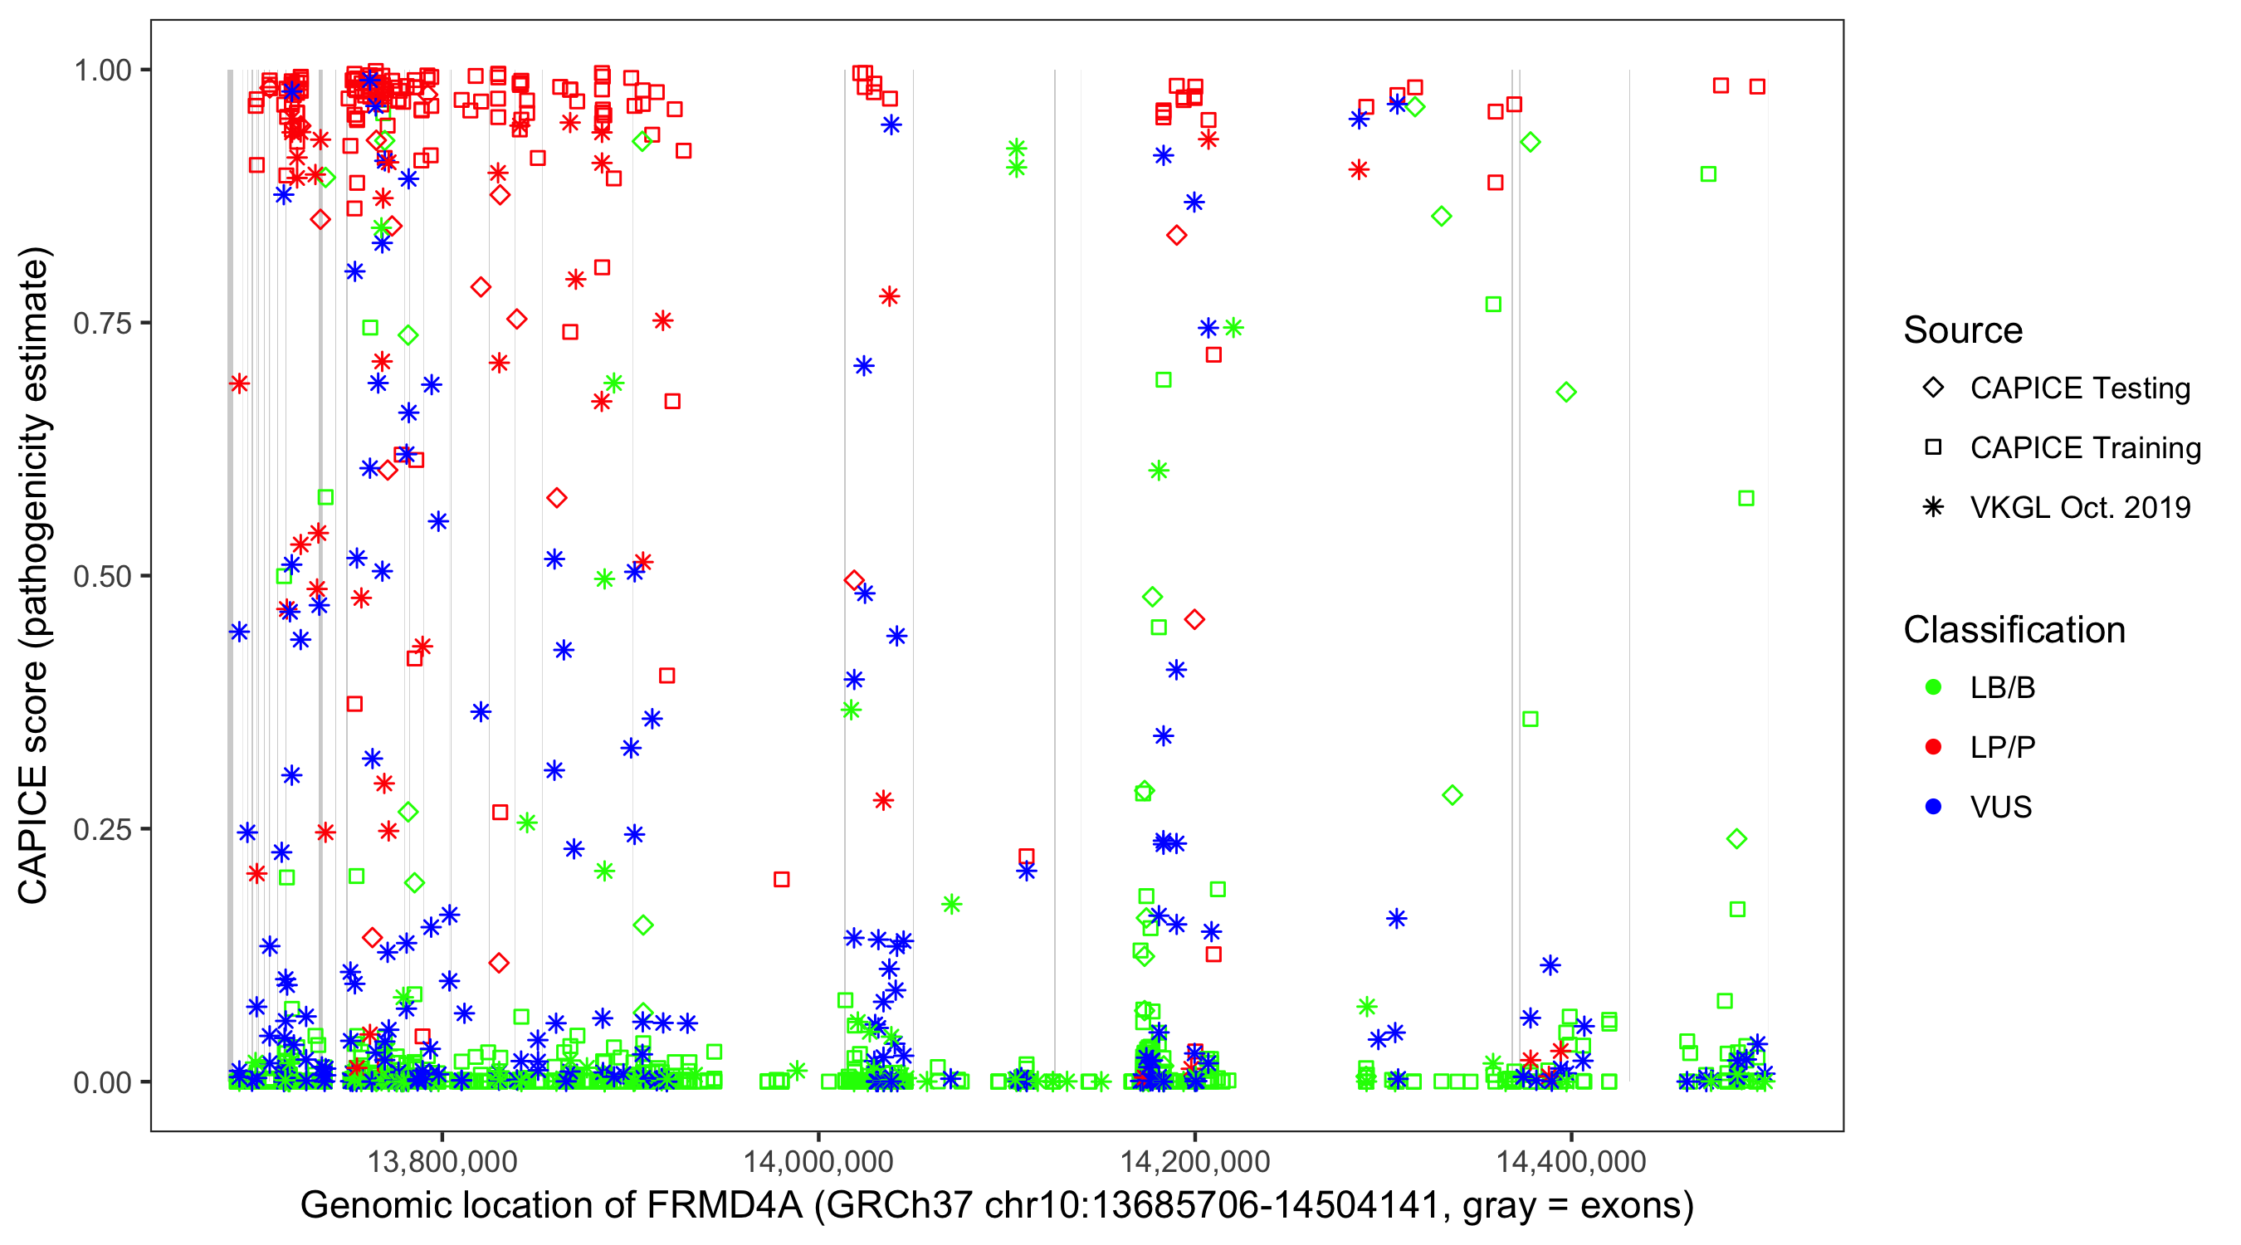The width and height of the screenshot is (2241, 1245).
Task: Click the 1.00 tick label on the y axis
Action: point(101,70)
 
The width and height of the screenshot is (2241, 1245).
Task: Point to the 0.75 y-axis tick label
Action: point(101,323)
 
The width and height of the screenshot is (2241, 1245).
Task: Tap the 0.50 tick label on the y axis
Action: point(101,576)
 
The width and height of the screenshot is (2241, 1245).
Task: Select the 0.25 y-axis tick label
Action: point(101,829)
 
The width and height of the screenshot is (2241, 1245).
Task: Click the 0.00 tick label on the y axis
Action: point(101,1082)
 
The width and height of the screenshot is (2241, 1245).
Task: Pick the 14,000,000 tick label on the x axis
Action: point(818,1161)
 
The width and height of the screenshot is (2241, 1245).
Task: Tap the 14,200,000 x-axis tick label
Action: point(1194,1161)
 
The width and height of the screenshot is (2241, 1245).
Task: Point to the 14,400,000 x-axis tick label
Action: point(1571,1161)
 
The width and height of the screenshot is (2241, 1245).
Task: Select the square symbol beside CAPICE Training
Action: point(1933,447)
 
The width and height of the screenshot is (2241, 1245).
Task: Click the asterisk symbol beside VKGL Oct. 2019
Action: point(1933,507)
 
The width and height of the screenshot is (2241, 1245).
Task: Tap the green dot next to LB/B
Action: point(1933,687)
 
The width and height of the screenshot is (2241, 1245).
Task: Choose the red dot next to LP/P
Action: point(1933,747)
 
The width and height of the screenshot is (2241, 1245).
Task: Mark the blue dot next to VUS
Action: point(1933,807)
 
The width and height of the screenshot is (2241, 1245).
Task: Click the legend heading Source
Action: point(1963,330)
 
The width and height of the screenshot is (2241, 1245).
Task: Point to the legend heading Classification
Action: point(2014,630)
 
